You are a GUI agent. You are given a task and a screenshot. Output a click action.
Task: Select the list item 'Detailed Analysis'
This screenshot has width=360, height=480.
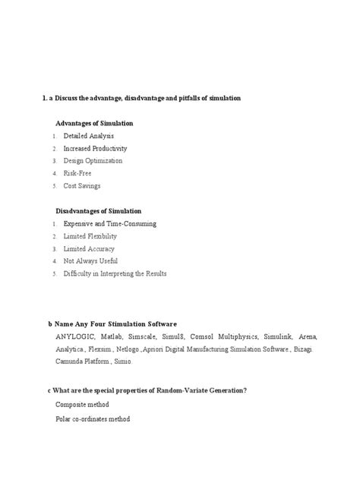tap(89, 135)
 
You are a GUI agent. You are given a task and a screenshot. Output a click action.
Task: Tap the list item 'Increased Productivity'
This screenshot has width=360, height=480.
tap(95, 148)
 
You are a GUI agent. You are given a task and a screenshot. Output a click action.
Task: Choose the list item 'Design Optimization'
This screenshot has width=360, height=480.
tap(93, 160)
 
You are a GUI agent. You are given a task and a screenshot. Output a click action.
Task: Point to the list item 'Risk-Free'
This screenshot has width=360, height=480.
tap(78, 173)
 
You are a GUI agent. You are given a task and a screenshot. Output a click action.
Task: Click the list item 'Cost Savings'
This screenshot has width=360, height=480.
tap(82, 185)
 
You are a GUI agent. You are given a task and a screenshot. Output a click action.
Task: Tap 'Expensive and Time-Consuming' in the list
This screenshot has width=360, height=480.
tap(109, 223)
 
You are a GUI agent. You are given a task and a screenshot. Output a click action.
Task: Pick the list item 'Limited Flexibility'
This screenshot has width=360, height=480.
tap(90, 236)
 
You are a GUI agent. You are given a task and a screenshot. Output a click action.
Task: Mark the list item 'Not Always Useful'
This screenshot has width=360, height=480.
tap(90, 261)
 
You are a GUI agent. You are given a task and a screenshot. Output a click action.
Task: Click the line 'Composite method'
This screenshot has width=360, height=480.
tap(83, 406)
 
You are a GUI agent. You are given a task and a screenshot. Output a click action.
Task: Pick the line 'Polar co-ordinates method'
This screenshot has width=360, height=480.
tap(93, 419)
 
